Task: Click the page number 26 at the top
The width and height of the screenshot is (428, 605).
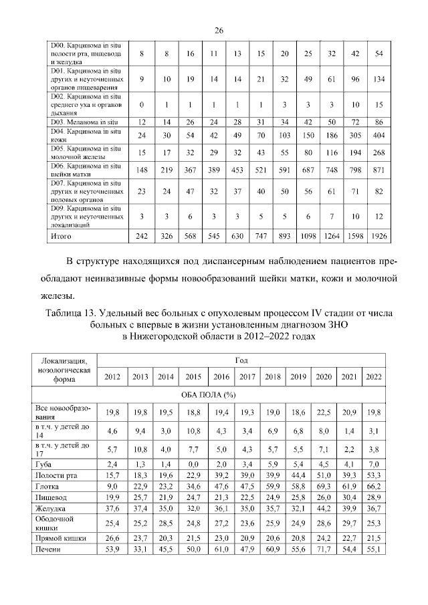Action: (x=218, y=30)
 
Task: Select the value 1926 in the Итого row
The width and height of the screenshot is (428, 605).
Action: (x=379, y=236)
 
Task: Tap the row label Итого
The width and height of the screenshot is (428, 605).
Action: (x=62, y=236)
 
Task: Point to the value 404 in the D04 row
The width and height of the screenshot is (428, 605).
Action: (x=379, y=134)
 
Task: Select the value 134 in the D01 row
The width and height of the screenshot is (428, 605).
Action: (x=379, y=78)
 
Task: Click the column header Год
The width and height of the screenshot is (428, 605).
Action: (x=241, y=359)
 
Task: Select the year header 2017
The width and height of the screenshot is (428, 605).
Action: (x=247, y=376)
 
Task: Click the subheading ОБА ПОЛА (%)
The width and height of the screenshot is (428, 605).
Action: (x=218, y=394)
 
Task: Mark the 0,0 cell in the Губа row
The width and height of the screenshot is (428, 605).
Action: (x=193, y=463)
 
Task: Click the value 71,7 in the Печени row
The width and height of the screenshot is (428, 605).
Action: (x=323, y=549)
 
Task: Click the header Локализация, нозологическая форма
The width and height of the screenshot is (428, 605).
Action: (x=65, y=368)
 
